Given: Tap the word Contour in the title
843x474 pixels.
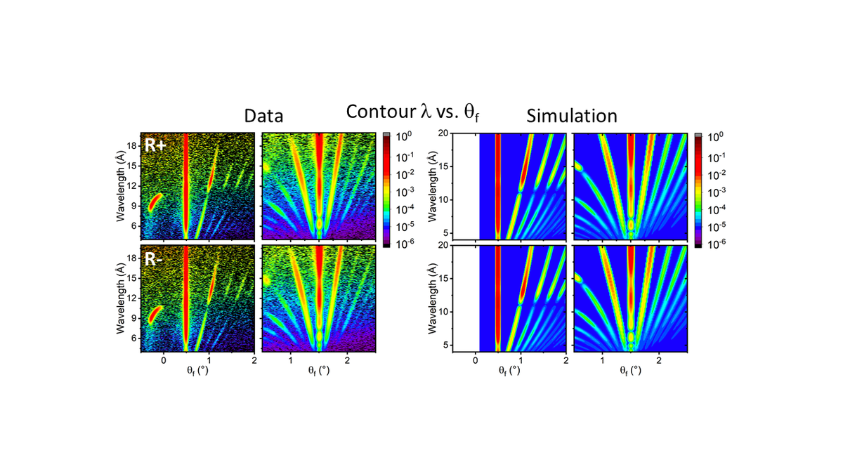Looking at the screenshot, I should (x=379, y=111).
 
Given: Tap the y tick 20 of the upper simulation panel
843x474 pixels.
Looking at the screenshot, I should (x=444, y=133).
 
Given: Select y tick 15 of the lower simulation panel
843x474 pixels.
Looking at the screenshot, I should (x=444, y=279).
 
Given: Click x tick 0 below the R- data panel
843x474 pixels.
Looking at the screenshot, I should (x=164, y=360).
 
